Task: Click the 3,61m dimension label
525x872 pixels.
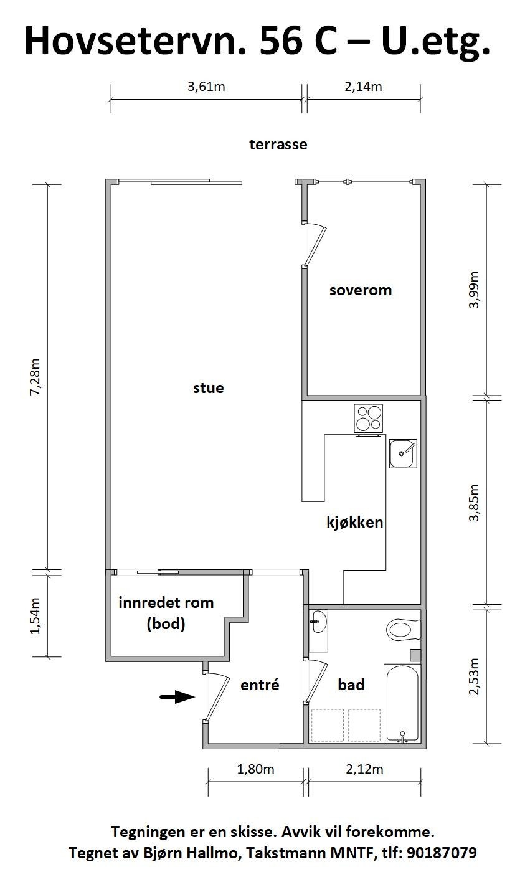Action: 206,87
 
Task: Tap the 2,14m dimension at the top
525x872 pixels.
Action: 363,87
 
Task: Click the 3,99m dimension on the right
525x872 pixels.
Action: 475,290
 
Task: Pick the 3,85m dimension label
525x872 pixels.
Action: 475,502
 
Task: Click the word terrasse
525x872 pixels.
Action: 278,145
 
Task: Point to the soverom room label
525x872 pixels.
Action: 361,290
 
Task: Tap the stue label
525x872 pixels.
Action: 209,388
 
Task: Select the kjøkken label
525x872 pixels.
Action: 355,522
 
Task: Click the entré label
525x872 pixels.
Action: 260,685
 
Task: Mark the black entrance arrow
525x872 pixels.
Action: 177,697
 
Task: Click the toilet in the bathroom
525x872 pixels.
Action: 404,629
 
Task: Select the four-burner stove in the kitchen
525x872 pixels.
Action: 369,419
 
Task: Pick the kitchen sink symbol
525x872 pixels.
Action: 402,453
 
